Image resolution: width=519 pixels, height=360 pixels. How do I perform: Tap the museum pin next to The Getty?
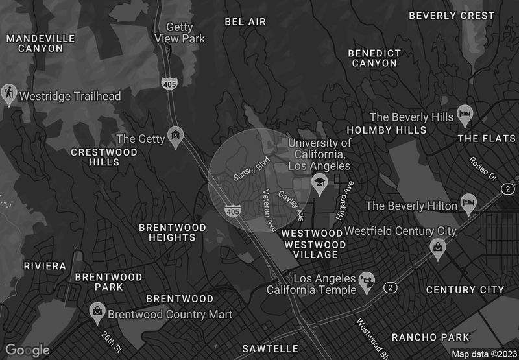pyautogui.click(x=175, y=136)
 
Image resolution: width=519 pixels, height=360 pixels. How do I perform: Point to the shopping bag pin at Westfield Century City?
pyautogui.click(x=439, y=247)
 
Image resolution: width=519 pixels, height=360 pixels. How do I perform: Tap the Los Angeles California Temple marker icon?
pyautogui.click(x=367, y=279)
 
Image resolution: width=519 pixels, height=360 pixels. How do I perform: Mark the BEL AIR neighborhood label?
pyautogui.click(x=245, y=21)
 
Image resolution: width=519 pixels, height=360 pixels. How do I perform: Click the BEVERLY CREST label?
pyautogui.click(x=452, y=16)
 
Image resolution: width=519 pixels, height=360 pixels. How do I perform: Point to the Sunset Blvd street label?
pyautogui.click(x=251, y=171)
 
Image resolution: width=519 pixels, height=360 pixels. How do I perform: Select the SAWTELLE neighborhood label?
pyautogui.click(x=270, y=349)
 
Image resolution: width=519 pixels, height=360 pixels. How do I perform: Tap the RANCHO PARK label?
pyautogui.click(x=430, y=337)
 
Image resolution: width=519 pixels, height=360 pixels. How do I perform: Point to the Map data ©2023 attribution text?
pyautogui.click(x=484, y=354)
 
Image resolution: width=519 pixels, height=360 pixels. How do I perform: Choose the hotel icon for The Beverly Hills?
pyautogui.click(x=465, y=115)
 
